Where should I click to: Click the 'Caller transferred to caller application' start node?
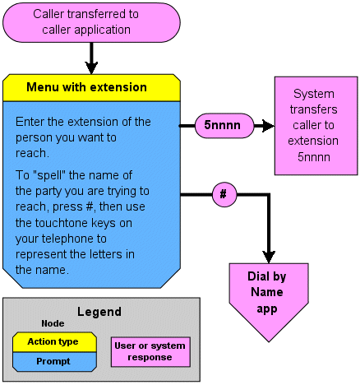(91, 22)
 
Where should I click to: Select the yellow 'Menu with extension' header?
(91, 88)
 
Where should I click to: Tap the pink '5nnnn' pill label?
(224, 126)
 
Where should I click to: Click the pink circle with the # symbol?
(224, 195)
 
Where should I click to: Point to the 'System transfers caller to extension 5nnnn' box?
(316, 126)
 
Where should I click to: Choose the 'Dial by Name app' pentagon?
(269, 299)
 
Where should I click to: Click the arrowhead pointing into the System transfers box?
(268, 126)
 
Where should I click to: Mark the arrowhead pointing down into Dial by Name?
(269, 257)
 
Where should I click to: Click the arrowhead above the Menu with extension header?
(91, 67)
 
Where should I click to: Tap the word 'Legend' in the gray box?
(99, 312)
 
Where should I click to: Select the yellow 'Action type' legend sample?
(54, 342)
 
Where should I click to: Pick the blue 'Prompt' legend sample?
(54, 362)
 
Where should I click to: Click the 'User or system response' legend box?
(150, 352)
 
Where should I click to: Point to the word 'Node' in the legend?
(53, 323)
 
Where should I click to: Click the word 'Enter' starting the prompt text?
(30, 122)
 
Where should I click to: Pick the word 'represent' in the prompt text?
(41, 255)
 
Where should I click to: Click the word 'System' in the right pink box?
(314, 94)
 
